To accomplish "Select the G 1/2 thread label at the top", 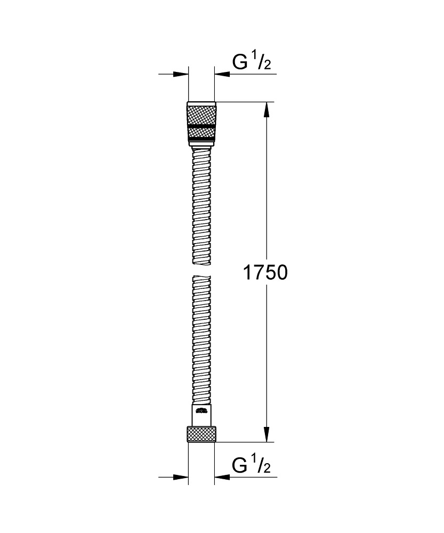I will point(252,63).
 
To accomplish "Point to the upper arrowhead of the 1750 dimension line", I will point(267,109).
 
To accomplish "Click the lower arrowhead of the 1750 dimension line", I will point(267,434).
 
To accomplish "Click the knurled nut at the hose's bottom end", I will point(201,434).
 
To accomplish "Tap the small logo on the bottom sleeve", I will point(201,411).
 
